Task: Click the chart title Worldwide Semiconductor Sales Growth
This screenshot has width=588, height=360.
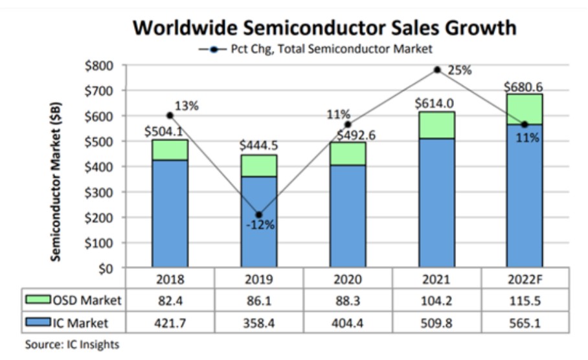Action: pos(324,27)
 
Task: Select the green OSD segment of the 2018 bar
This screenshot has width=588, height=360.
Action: pos(170,150)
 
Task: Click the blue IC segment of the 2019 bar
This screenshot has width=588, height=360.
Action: pos(258,221)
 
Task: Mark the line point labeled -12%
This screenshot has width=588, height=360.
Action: pos(259,214)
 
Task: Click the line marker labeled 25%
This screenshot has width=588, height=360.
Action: pos(437,69)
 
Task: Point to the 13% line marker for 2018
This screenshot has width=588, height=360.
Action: pos(170,115)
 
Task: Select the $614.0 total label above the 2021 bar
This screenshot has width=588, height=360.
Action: pos(436,104)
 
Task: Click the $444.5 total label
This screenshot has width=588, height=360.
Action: pos(258,146)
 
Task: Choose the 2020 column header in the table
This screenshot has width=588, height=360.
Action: pos(348,280)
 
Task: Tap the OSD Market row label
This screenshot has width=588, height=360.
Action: pos(74,300)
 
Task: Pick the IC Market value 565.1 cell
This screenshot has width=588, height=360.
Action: pos(525,322)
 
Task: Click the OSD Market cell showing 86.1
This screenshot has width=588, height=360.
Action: pos(259,300)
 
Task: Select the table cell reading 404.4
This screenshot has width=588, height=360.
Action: pos(348,322)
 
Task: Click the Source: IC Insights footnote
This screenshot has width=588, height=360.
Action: pos(72,344)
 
